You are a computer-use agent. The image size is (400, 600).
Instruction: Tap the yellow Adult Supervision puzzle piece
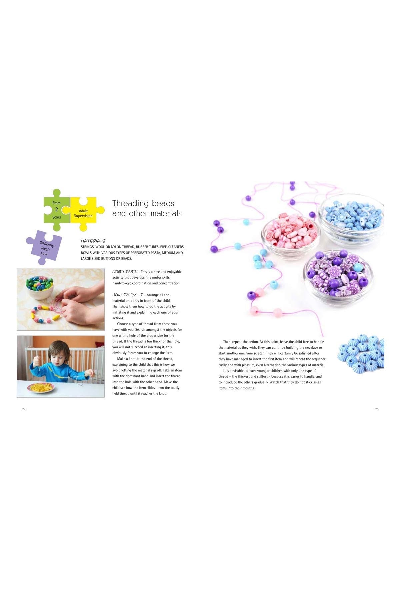point(83,213)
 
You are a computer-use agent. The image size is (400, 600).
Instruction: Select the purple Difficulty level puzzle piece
point(44,247)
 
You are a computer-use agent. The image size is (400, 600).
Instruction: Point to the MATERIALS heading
point(93,241)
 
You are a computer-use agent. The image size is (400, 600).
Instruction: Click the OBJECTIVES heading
point(125,272)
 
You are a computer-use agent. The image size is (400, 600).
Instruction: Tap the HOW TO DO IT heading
point(128,295)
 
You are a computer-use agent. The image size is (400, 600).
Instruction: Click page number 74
point(24,409)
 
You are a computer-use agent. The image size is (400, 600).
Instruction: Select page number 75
point(377,409)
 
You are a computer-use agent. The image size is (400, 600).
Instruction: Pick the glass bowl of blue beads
point(351,218)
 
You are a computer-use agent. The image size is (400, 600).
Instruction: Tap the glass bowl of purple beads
point(338,274)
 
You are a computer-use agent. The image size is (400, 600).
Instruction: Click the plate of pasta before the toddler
point(41,388)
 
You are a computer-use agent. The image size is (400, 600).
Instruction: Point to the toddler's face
point(59,353)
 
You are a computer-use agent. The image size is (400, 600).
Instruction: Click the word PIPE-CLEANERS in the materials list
point(172,247)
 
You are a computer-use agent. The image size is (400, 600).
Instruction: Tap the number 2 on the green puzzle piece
point(56,209)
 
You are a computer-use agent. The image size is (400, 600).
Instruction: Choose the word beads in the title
point(163,204)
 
